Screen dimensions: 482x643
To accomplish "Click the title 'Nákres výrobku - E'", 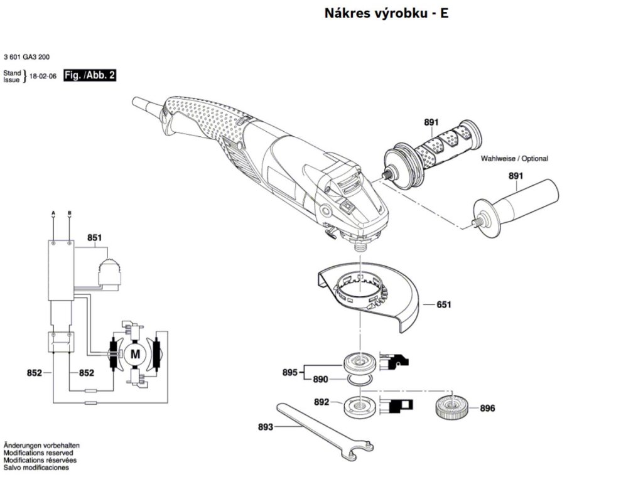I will coord(386,13).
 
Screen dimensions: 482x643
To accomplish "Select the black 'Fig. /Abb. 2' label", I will coord(90,76).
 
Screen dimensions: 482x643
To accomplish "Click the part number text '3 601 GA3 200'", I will coord(27,56).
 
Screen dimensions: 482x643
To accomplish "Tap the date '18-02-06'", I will coord(43,77).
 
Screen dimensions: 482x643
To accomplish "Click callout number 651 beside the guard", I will coord(444,304).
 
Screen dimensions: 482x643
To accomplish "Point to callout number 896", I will coord(487,409).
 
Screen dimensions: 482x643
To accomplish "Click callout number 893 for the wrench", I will coord(266,427).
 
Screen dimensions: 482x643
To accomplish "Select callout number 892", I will coord(321,402).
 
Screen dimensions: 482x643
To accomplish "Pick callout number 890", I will coord(320,380).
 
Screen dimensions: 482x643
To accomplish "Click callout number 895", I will coord(289,372).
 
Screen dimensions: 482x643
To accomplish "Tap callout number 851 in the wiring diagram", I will coord(95,238).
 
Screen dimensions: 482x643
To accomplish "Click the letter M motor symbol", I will coord(136,354).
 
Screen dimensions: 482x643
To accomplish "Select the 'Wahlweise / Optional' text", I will coord(514,159).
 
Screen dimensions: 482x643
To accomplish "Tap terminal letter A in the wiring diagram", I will coord(53,213).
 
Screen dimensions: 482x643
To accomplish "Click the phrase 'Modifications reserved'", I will coord(38,453).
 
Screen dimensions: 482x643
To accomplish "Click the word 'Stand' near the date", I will coord(12,73).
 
